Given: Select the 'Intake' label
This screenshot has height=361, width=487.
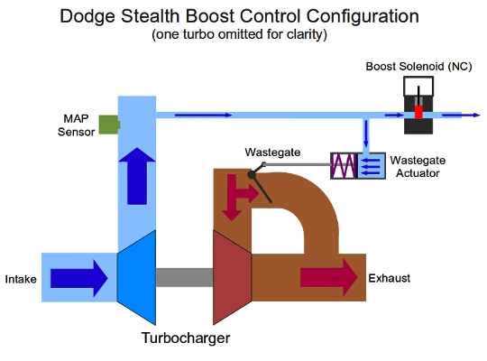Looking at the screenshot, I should tap(21, 279).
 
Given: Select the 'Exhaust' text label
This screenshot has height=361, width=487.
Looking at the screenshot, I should tap(390, 279).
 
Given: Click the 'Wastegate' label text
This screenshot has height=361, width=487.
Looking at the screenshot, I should tap(273, 153).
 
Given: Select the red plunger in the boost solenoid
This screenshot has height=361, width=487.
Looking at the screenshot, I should tap(418, 115).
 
